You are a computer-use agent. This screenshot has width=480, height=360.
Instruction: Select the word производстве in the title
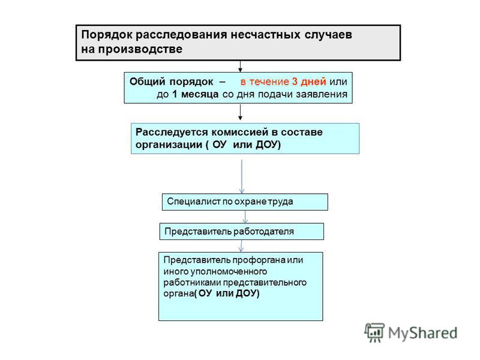point(140,49)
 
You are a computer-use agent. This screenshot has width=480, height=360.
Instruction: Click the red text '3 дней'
point(309,82)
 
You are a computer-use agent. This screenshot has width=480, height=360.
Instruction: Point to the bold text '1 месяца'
point(196,94)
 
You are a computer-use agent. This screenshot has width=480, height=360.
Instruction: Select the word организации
point(169,145)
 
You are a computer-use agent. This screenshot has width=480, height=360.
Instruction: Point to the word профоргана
point(259,260)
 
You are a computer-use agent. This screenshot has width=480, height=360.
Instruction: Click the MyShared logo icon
point(374,332)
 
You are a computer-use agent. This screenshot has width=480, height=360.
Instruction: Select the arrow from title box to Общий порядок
point(241,67)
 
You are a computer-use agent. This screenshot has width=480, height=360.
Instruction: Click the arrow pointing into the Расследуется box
point(241,112)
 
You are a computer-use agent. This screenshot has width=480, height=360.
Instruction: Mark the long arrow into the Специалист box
point(242,176)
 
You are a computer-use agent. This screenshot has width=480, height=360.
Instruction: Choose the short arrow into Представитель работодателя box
point(245,217)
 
